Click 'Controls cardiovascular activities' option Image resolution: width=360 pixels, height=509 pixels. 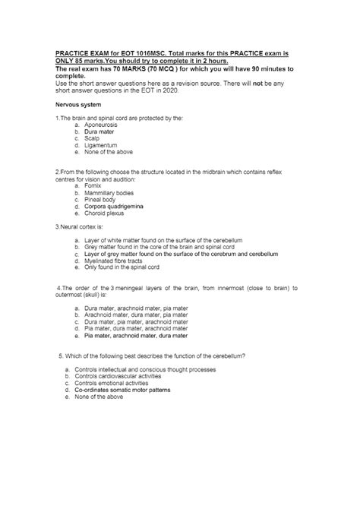[x=116, y=376]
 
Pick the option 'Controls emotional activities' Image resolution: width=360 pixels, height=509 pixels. [x=110, y=383]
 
